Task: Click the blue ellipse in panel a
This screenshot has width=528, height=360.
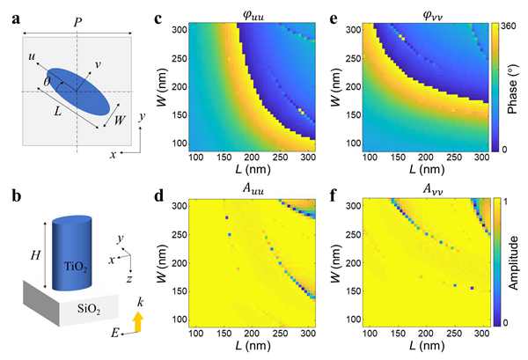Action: point(79,90)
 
